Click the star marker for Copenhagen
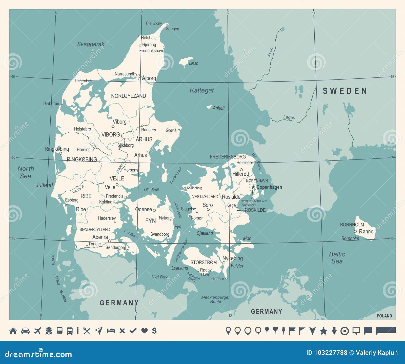[x=253, y=187]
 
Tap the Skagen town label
[x=172, y=29]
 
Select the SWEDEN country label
[x=345, y=91]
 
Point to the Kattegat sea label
[x=201, y=90]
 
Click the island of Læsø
[x=186, y=61]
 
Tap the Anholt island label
[x=218, y=108]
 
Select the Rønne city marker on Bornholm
[x=355, y=231]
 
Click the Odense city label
[x=144, y=209]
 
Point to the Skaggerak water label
[x=91, y=44]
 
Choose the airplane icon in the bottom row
[x=37, y=331]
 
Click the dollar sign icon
[x=154, y=331]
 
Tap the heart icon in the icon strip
[x=144, y=331]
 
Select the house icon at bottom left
[x=13, y=331]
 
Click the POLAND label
[x=384, y=316]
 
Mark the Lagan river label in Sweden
[x=289, y=117]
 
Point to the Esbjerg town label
[x=72, y=200]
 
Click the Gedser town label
[x=218, y=278]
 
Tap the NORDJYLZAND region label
[x=128, y=96]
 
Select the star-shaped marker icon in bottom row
[x=323, y=331]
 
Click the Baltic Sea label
[x=337, y=258]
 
